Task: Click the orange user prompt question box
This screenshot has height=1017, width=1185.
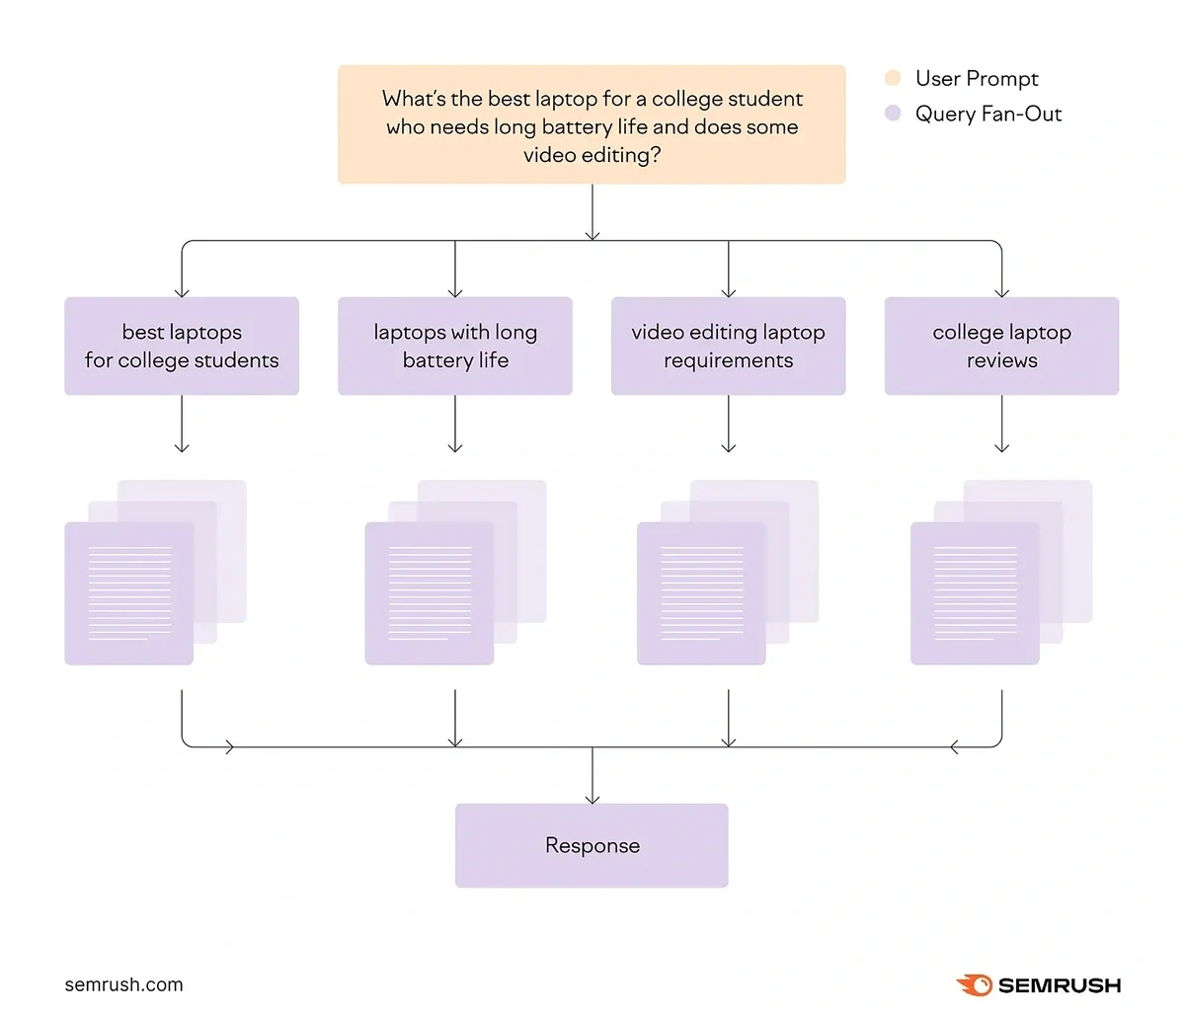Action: tap(592, 124)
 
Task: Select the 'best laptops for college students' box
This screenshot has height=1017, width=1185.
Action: tap(182, 347)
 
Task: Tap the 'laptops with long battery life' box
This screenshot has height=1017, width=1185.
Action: tap(455, 347)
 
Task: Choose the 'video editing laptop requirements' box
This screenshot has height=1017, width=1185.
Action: tap(729, 347)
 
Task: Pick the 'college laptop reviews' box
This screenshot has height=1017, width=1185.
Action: tap(1001, 347)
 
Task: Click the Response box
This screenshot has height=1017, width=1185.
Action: tap(592, 845)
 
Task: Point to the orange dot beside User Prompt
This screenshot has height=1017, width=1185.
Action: tap(893, 78)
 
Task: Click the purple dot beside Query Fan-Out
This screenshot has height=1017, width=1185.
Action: tap(893, 114)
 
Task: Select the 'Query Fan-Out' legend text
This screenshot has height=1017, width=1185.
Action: tap(987, 114)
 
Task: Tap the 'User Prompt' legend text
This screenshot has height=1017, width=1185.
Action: tap(977, 78)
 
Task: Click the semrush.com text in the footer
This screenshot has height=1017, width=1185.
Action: tap(123, 984)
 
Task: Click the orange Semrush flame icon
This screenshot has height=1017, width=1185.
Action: tap(975, 984)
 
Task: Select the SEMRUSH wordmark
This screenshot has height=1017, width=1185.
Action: tap(1060, 985)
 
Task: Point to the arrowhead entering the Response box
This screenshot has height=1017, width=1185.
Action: tap(592, 798)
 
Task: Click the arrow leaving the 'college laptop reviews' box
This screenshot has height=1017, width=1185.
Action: tap(1001, 425)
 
